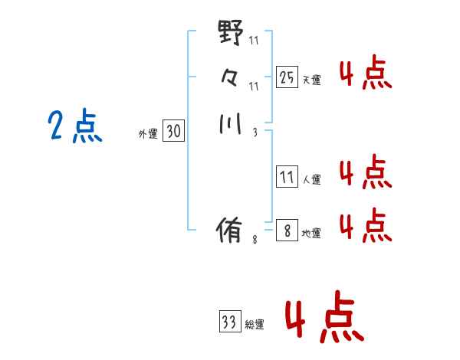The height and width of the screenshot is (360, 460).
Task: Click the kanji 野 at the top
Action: [231, 32]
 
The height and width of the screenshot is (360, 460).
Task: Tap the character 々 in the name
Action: [229, 78]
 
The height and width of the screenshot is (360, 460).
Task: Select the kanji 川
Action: [231, 124]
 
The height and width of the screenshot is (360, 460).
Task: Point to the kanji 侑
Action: [229, 230]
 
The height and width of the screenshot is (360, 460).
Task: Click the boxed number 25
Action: [287, 77]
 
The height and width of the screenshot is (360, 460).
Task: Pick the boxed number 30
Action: [174, 130]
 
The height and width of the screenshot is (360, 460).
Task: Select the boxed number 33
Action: [230, 321]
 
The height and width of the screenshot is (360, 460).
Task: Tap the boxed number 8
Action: [287, 230]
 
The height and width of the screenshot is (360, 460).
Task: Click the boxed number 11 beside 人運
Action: [287, 176]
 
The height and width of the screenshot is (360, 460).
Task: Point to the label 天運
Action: [312, 80]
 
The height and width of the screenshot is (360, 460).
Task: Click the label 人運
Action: [312, 179]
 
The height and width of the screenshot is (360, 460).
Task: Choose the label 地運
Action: [311, 233]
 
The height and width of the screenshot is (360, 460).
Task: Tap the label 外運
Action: [148, 134]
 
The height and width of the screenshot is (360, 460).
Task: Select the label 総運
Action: [255, 324]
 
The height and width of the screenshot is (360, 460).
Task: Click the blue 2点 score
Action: [75, 126]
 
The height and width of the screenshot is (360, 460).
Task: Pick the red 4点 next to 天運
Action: [366, 72]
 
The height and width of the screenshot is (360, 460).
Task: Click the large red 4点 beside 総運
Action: [325, 316]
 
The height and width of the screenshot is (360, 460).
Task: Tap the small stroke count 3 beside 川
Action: [255, 133]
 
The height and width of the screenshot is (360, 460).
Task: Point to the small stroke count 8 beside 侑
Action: [255, 240]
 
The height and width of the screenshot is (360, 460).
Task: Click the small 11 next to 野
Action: [254, 40]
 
